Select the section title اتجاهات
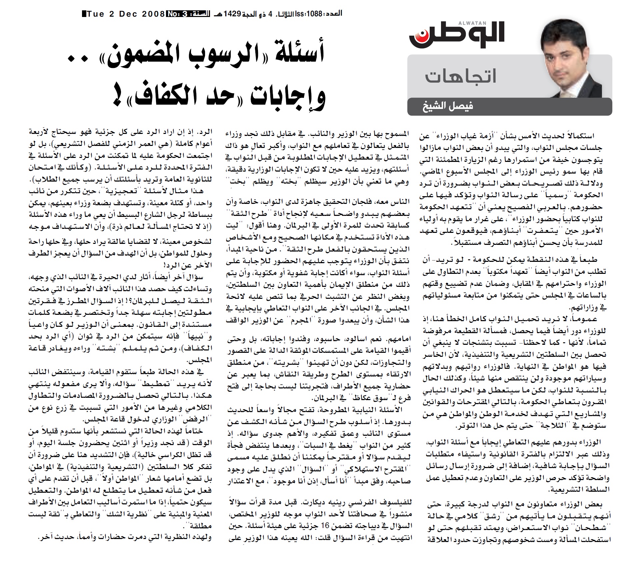tap(461, 76)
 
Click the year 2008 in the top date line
tap(153, 14)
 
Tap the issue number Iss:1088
tap(308, 14)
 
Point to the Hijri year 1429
tap(232, 14)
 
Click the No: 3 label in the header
tap(177, 14)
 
